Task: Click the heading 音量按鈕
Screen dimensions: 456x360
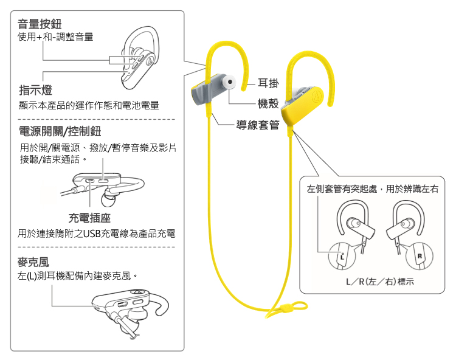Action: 40,24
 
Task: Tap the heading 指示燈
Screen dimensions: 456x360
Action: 36,90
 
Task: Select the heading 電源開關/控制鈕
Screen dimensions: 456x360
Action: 60,131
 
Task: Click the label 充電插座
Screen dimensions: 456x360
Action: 89,218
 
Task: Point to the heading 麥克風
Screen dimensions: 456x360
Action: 33,262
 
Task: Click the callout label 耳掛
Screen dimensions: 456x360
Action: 268,83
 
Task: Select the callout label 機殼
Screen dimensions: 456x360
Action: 268,103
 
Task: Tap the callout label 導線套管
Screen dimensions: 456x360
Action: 258,125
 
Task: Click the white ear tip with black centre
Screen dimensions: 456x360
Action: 229,81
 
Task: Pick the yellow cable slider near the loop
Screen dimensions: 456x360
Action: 286,308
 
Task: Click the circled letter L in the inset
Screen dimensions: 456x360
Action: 342,256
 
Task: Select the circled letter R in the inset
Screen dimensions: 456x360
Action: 419,256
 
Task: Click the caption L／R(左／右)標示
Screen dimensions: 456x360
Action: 380,282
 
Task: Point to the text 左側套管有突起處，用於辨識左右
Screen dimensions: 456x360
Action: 373,189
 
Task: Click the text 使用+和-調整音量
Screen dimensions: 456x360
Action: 55,37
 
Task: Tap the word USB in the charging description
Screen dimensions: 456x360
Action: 92,234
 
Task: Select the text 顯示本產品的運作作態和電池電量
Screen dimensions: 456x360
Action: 89,105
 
